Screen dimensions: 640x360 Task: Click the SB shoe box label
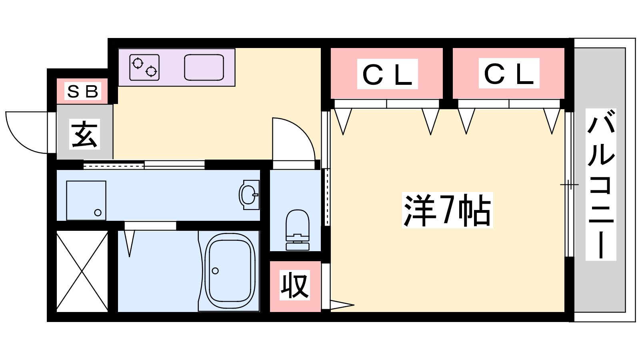click(x=83, y=91)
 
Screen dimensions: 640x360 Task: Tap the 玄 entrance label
click(x=85, y=134)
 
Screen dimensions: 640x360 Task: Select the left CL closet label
click(x=388, y=74)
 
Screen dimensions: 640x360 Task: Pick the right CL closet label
click(x=509, y=73)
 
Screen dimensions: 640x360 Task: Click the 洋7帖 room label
click(x=448, y=210)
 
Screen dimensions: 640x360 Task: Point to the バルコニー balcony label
click(x=601, y=184)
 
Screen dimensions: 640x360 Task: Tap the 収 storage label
click(x=295, y=285)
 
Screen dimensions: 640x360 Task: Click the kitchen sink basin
click(x=204, y=68)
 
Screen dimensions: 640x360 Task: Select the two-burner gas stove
click(x=144, y=68)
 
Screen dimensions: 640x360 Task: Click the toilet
click(x=298, y=230)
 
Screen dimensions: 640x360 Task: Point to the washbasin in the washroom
click(x=250, y=195)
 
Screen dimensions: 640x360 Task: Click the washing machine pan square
click(x=86, y=200)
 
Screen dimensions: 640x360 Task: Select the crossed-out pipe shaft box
click(x=82, y=271)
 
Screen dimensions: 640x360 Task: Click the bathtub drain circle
click(x=216, y=270)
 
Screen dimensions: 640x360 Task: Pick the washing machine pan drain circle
click(x=98, y=212)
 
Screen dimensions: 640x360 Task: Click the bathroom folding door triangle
click(x=130, y=243)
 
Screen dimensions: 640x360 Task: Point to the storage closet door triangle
click(x=342, y=304)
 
